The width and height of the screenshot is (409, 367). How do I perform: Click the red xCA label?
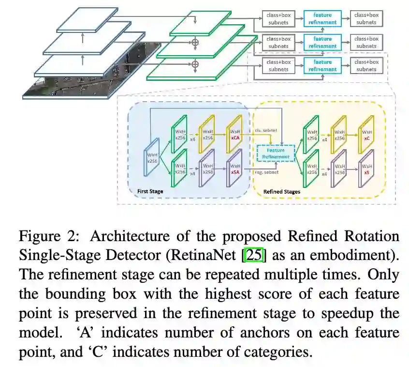click(235, 138)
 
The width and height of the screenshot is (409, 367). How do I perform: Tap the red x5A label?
click(235, 171)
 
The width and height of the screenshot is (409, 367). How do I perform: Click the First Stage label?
click(150, 191)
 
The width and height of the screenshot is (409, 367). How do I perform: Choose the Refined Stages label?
click(282, 192)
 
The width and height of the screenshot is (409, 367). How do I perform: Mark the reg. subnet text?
click(266, 172)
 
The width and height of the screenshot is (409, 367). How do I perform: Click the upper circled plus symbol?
click(195, 43)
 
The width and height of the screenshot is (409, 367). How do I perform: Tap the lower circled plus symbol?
click(195, 63)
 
